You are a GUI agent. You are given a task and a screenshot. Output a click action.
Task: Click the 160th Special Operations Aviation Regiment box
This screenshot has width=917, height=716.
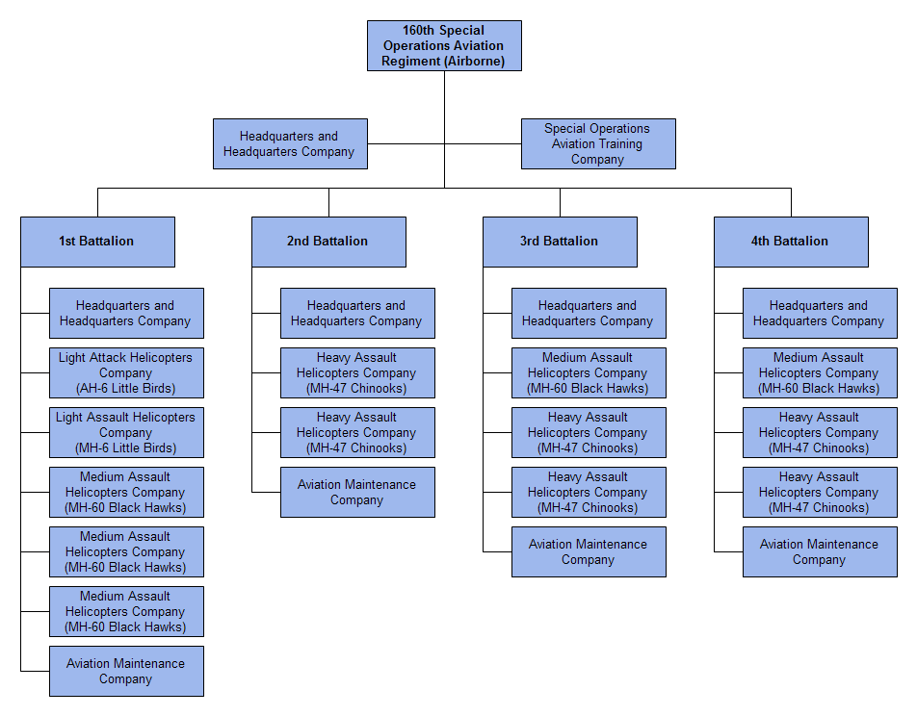pyautogui.click(x=444, y=45)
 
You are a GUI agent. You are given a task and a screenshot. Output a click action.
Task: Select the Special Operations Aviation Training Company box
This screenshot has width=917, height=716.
pyautogui.click(x=598, y=143)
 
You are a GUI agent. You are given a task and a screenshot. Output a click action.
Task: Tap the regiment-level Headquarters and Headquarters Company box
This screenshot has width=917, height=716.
pyautogui.click(x=290, y=143)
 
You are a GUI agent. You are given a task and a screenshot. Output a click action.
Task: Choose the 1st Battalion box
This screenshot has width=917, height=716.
pyautogui.click(x=97, y=242)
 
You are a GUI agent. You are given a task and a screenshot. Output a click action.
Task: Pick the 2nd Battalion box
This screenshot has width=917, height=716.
pyautogui.click(x=328, y=242)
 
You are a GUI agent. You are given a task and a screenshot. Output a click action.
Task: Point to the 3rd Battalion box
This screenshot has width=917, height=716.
pyautogui.click(x=560, y=242)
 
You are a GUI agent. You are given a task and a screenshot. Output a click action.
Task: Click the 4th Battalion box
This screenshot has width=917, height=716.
pyautogui.click(x=791, y=242)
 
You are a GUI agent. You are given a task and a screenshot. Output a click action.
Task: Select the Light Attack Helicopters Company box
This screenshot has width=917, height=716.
pyautogui.click(x=126, y=372)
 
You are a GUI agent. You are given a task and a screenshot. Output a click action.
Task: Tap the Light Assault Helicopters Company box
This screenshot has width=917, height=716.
pyautogui.click(x=126, y=432)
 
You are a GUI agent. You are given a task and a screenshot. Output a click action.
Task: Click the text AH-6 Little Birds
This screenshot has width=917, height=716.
pyautogui.click(x=125, y=389)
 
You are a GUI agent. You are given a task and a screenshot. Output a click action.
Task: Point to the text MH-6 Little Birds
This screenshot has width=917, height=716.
pyautogui.click(x=125, y=448)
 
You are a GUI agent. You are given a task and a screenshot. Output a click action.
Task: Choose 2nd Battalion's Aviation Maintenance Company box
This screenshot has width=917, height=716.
pyautogui.click(x=357, y=492)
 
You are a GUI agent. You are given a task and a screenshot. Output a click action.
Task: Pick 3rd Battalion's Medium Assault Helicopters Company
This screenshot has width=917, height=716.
pyautogui.click(x=589, y=372)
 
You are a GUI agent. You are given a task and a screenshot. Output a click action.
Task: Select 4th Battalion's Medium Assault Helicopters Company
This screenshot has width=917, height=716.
pyautogui.click(x=820, y=372)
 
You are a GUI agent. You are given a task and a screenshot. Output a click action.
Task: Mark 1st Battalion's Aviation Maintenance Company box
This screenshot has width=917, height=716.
pyautogui.click(x=126, y=671)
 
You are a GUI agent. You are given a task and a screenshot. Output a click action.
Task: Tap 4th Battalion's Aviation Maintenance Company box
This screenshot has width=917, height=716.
pyautogui.click(x=820, y=551)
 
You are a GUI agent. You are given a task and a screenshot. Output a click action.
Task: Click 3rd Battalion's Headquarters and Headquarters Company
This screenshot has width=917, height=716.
pyautogui.click(x=589, y=313)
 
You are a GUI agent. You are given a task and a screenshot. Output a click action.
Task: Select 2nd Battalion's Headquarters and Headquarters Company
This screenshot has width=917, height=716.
pyautogui.click(x=357, y=313)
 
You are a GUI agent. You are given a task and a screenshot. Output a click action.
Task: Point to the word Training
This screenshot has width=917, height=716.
pyautogui.click(x=619, y=143)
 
